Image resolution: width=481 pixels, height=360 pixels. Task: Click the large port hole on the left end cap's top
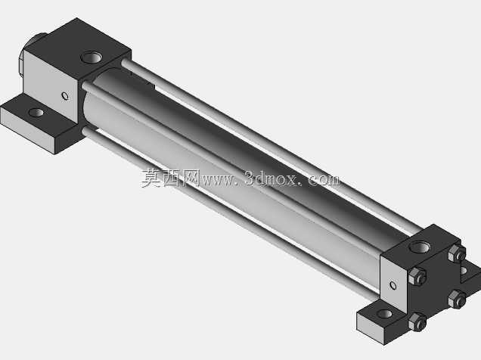91,57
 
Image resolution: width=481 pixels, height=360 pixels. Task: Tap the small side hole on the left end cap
65,96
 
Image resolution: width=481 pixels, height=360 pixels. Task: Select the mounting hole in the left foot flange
36,113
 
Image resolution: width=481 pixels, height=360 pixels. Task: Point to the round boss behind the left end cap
31,54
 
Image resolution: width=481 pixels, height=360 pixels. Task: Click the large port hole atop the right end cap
420,247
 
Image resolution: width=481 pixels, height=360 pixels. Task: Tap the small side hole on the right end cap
393,285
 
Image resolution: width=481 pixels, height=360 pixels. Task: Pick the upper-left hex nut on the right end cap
417,276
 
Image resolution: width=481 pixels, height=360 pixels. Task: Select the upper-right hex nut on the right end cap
457,253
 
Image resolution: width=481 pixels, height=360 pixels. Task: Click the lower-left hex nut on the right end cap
417,321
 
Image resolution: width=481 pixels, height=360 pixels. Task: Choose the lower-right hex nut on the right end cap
457,299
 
